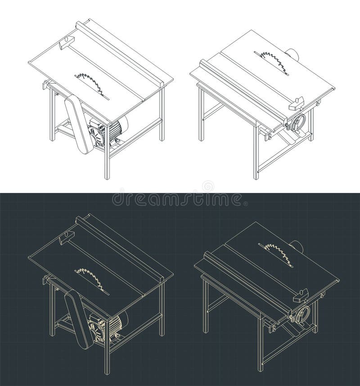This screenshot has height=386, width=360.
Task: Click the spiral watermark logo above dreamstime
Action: coord(208,185)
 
